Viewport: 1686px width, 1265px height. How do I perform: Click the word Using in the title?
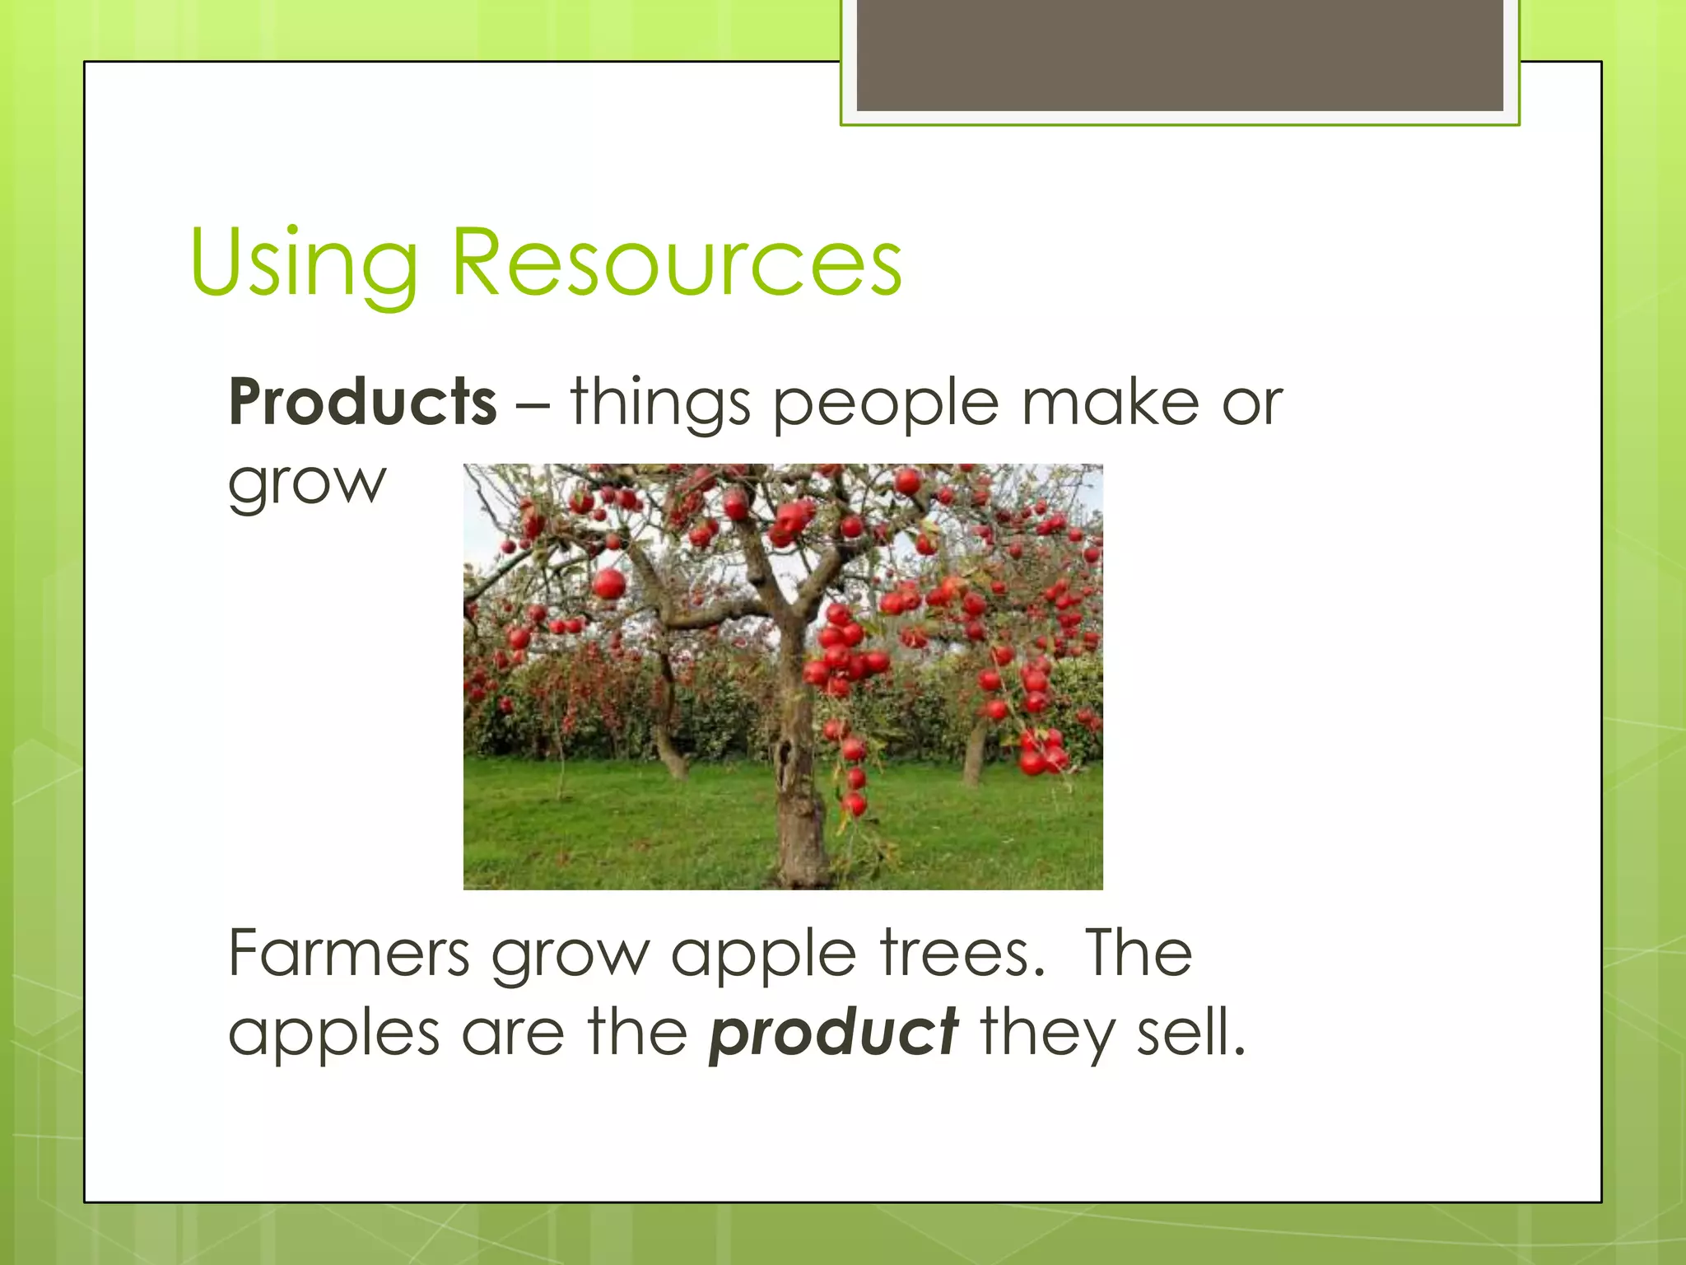point(303,264)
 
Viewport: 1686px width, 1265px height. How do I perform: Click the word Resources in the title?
point(677,264)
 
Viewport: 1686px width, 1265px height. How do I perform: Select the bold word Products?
point(363,402)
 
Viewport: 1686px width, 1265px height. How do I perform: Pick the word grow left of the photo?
point(306,484)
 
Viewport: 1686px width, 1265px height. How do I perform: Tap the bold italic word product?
point(833,1033)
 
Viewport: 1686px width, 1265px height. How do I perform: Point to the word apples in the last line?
point(334,1034)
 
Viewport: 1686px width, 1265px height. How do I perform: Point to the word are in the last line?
point(512,1033)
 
